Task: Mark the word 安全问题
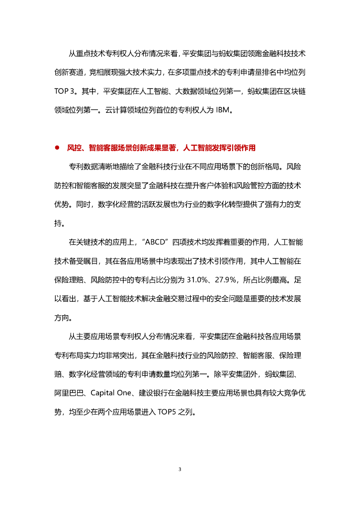226,298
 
